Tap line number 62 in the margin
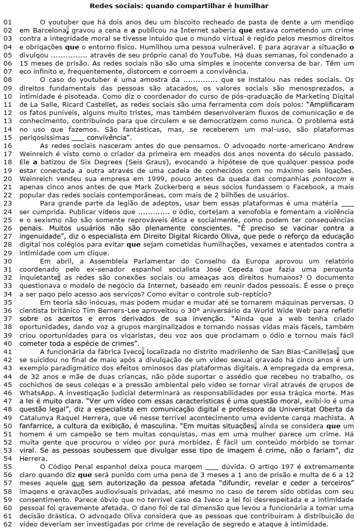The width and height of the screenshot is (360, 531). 7,524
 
